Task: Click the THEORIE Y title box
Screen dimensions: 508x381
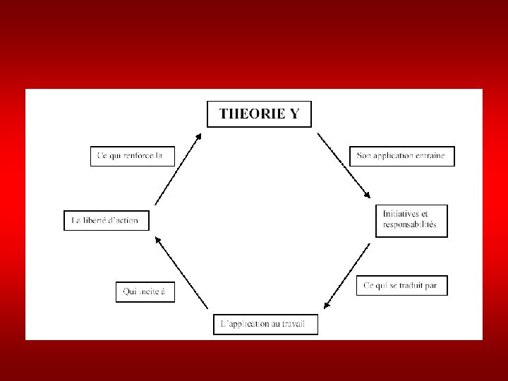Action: [258, 114]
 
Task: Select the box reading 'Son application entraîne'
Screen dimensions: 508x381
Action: [402, 156]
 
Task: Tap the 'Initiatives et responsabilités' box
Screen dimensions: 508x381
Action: [412, 219]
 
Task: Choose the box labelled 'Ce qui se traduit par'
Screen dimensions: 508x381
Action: [401, 286]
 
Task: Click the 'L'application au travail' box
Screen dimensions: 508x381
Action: [265, 325]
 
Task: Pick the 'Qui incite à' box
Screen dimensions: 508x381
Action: [145, 292]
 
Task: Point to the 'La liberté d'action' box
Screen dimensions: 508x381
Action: [106, 221]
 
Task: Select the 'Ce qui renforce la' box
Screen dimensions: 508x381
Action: [132, 155]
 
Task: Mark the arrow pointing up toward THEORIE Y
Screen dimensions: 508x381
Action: [178, 169]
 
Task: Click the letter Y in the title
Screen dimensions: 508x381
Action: [294, 114]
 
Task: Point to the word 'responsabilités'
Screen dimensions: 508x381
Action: [410, 225]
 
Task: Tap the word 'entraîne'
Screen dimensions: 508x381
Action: [430, 156]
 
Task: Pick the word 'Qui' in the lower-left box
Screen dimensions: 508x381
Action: [130, 292]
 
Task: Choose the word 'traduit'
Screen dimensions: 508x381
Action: [409, 286]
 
